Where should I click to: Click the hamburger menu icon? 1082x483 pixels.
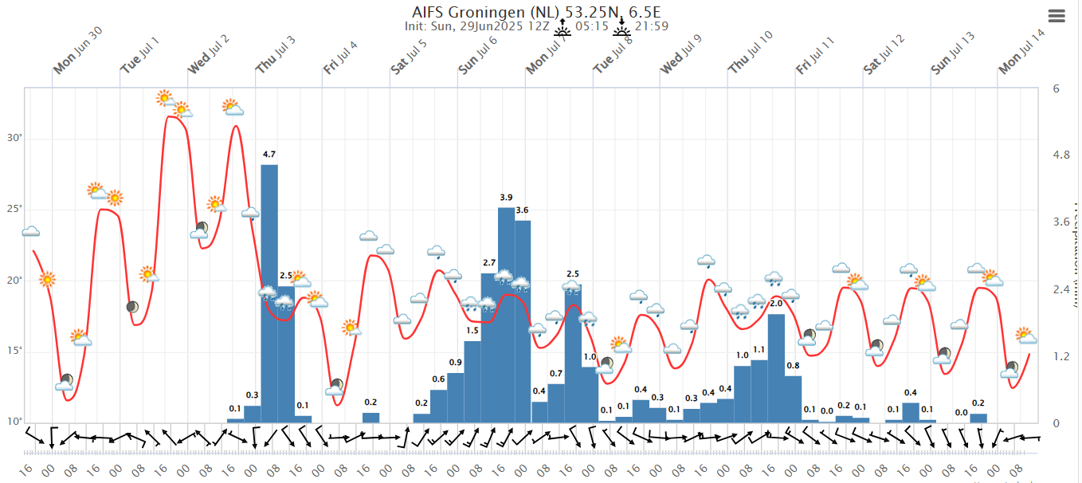pos(1057,15)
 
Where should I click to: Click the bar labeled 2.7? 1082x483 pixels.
pos(489,348)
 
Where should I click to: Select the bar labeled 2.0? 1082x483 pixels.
pos(776,367)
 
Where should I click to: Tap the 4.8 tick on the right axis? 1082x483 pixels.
pos(1061,155)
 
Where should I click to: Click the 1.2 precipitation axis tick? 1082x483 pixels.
pos(1061,356)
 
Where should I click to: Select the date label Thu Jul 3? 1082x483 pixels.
pos(276,55)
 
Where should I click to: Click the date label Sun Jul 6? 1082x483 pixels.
pos(478,55)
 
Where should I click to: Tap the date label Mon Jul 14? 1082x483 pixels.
pos(1021,55)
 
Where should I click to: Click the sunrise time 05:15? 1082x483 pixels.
pos(591,26)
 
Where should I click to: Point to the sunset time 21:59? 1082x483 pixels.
pos(651,26)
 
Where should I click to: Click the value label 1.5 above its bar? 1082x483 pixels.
pos(472,331)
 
